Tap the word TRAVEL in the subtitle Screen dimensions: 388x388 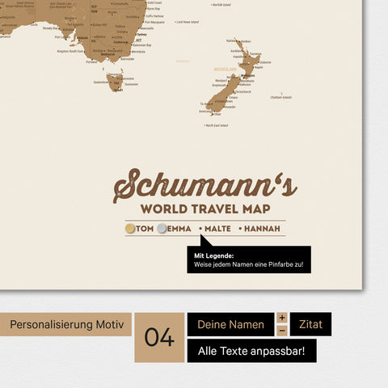click(x=207, y=210)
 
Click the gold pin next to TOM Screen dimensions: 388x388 click(x=130, y=229)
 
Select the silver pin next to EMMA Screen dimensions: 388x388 click(x=162, y=229)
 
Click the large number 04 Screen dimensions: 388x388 click(x=159, y=337)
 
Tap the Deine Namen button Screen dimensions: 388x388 click(x=230, y=325)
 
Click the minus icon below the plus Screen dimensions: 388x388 click(x=282, y=331)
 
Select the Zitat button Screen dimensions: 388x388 click(x=310, y=325)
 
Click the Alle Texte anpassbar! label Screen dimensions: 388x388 click(x=251, y=351)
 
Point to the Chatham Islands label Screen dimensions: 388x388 click(x=280, y=97)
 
